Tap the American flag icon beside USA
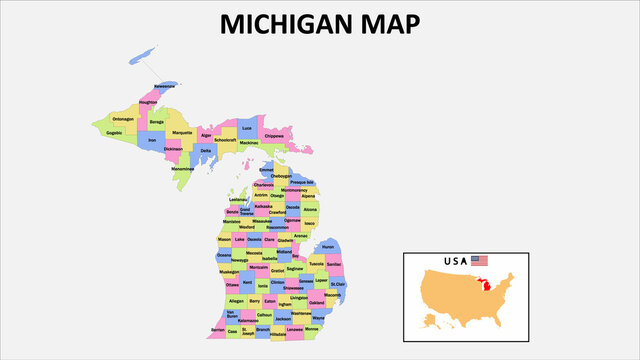(480, 261)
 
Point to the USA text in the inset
(456, 262)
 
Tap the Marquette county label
(182, 133)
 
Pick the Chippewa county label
(274, 136)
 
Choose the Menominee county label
(183, 168)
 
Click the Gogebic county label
(114, 132)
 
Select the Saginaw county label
(295, 268)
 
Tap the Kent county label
(247, 282)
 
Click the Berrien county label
(217, 329)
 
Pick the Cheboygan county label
(268, 175)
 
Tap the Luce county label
(247, 129)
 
